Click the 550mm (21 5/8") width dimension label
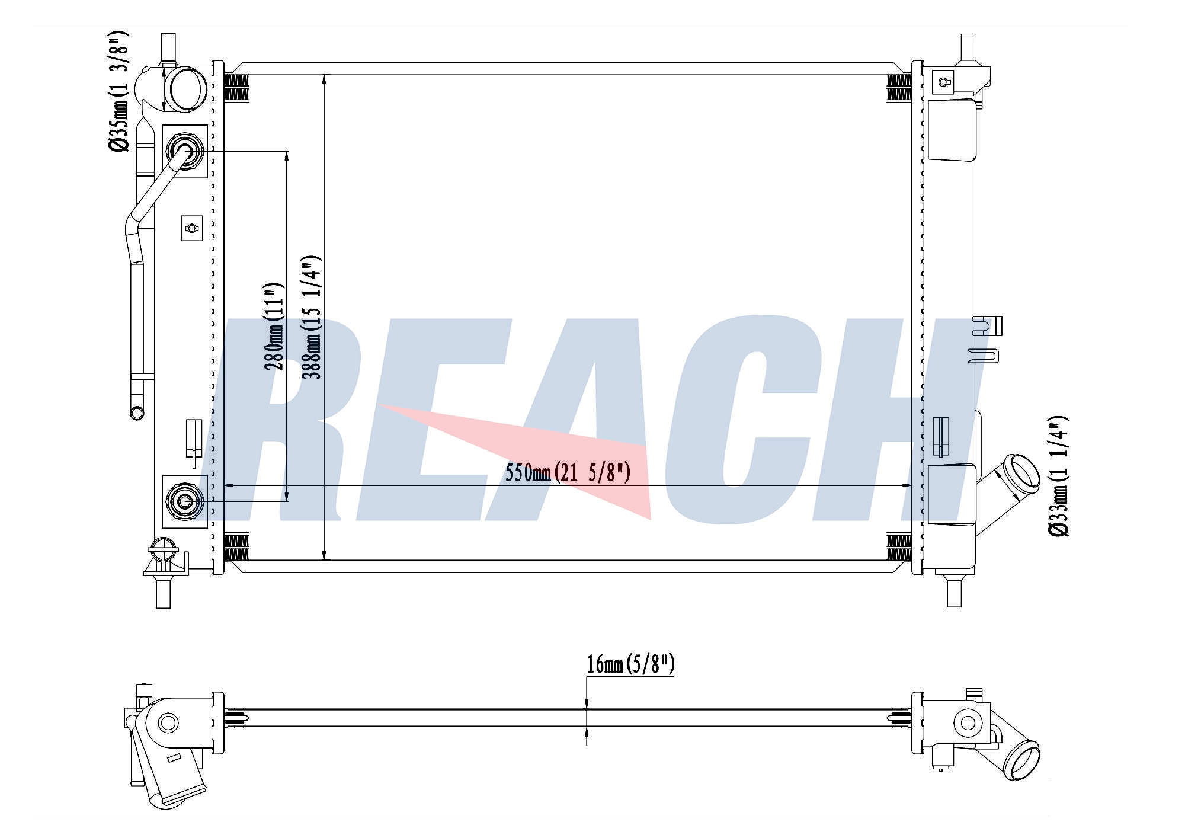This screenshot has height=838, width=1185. point(568,473)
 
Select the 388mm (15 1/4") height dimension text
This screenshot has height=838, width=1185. point(312,317)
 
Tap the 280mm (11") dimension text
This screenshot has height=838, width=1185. point(274,326)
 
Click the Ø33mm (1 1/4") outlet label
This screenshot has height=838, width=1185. point(1058,476)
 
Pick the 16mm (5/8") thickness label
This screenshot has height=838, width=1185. point(630,664)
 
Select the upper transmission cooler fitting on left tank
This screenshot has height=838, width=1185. point(185,151)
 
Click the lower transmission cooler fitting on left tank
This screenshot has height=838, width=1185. point(185,501)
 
